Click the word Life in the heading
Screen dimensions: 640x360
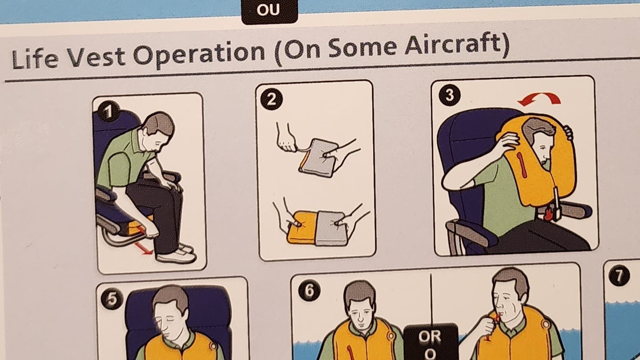(35, 59)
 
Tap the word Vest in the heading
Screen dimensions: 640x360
(97, 56)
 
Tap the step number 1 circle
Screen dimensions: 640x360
(109, 112)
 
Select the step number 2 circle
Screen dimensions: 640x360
(271, 99)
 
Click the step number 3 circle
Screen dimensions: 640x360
(450, 95)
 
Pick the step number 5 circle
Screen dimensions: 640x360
(112, 299)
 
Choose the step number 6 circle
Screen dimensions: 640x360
(310, 290)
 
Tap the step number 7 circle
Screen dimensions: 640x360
(619, 275)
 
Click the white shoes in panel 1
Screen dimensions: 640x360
(176, 253)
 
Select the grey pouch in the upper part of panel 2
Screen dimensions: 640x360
(318, 158)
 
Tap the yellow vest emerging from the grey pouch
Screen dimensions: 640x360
(302, 227)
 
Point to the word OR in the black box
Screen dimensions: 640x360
(430, 336)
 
